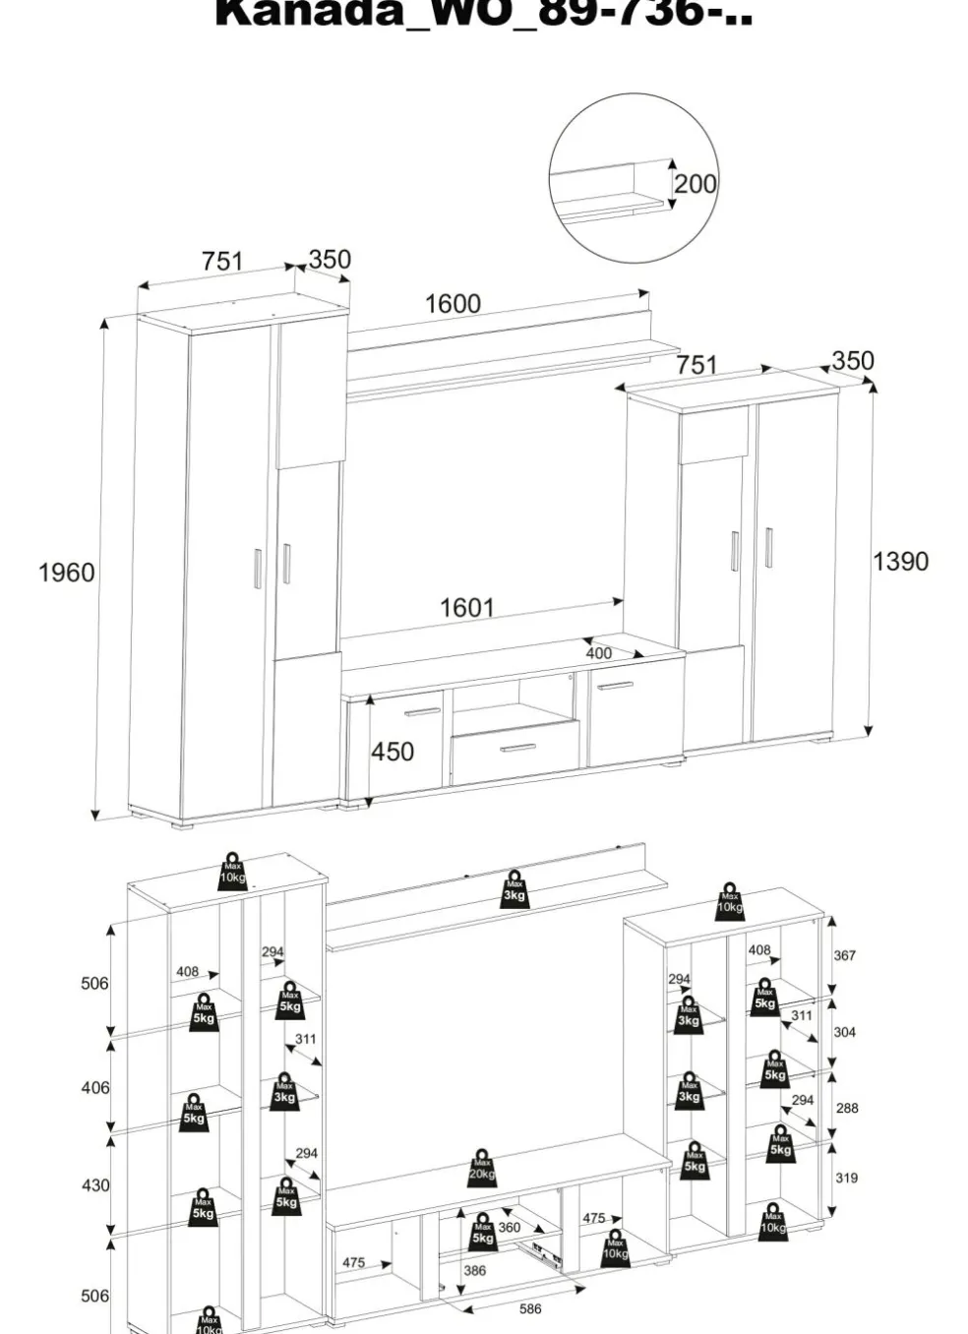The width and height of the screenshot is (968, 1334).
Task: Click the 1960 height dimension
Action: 66,573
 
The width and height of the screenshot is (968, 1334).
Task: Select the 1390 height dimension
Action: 900,562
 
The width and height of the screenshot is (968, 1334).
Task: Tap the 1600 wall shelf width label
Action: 453,304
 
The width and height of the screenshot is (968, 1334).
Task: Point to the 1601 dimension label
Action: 466,608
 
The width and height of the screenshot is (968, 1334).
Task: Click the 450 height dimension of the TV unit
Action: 393,752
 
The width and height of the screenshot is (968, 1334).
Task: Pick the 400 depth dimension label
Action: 598,653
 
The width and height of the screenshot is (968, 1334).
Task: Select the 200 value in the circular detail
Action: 695,184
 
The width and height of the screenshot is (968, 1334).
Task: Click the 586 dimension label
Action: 530,1308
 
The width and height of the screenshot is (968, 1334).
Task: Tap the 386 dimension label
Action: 474,1270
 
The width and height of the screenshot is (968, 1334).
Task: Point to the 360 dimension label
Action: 509,1228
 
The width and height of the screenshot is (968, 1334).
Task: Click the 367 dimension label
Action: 845,955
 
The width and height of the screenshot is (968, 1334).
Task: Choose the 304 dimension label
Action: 845,1032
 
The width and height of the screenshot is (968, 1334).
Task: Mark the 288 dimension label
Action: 847,1108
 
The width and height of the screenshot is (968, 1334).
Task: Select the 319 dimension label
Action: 846,1178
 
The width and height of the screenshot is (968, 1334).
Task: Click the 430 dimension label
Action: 95,1185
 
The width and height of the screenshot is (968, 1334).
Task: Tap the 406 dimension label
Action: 95,1087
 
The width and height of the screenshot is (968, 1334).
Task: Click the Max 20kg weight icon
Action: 482,1167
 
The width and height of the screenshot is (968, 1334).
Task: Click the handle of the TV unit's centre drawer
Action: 517,749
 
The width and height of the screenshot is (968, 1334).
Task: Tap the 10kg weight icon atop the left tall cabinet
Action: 232,872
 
